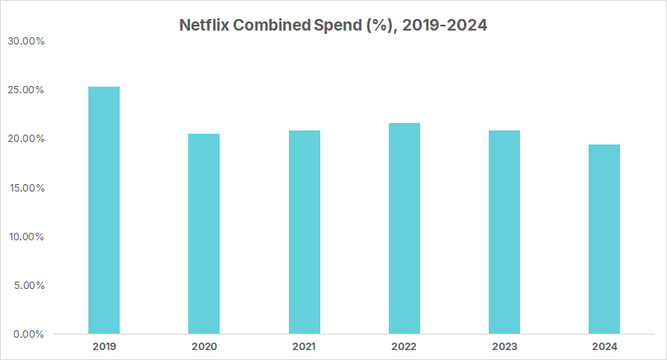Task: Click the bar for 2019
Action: [103, 211]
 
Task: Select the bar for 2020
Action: [204, 234]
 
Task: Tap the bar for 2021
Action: [304, 232]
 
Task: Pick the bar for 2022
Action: [404, 229]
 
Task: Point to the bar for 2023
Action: [504, 232]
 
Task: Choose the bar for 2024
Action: [604, 239]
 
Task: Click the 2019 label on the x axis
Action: [103, 347]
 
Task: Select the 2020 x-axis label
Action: [204, 347]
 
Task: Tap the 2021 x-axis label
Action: [304, 347]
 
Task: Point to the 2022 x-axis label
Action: [404, 347]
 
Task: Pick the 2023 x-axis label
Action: [504, 347]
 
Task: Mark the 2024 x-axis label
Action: [604, 347]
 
